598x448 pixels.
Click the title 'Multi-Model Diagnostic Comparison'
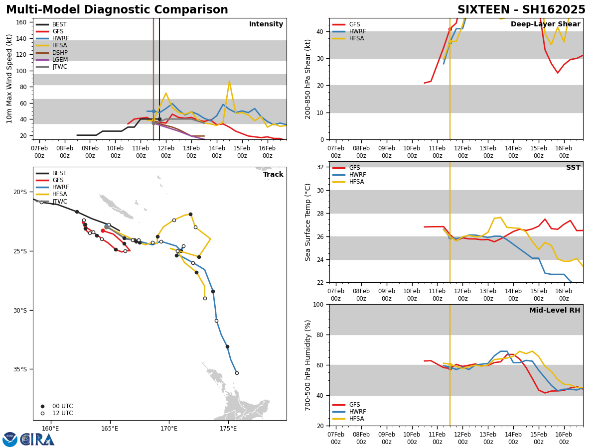point(117,10)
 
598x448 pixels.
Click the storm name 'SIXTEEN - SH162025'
point(521,10)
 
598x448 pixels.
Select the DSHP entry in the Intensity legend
point(60,53)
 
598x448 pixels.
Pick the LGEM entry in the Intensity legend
point(60,60)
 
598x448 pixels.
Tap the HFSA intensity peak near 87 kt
point(229,81)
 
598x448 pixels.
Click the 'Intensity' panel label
point(266,24)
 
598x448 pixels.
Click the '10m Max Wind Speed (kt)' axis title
point(9,79)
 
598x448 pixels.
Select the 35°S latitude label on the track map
point(20,369)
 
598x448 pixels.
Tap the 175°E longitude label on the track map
point(228,429)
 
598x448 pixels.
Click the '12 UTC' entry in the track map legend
point(62,413)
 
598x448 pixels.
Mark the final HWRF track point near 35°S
point(237,373)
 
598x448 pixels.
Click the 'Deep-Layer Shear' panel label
point(546,24)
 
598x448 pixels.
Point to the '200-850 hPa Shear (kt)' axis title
point(308,79)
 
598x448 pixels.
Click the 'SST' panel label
point(573,168)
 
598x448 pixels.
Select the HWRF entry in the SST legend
point(357,175)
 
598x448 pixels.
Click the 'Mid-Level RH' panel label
point(555,311)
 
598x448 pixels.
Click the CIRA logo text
point(37,440)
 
